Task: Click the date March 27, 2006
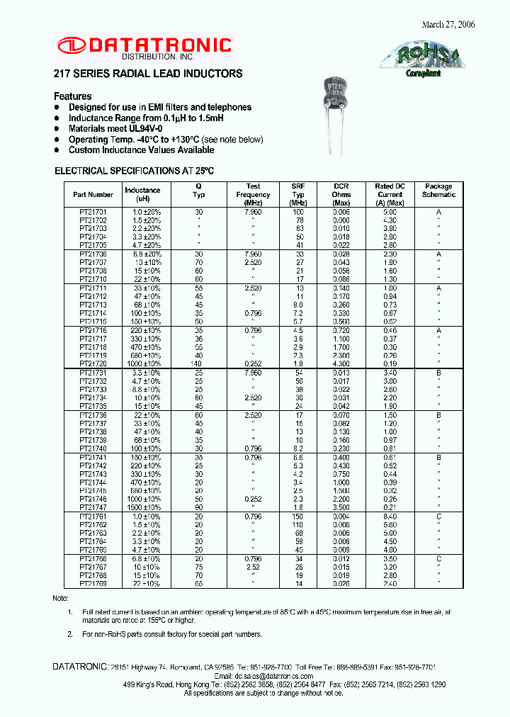[448, 24]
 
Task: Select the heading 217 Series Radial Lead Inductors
[148, 74]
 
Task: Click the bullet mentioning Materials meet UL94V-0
[115, 129]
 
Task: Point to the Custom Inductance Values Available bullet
[141, 150]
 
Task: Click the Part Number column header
[93, 195]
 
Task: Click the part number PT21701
[93, 213]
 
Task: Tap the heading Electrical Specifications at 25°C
[134, 171]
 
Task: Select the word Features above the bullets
[73, 96]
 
